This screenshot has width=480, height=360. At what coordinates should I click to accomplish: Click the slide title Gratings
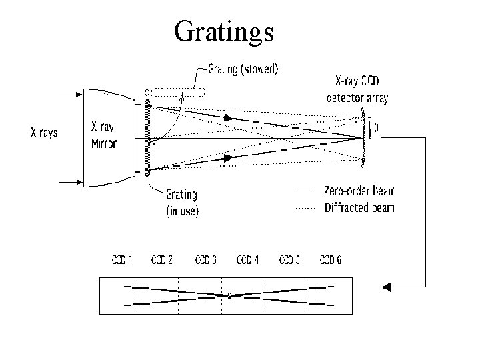click(x=223, y=31)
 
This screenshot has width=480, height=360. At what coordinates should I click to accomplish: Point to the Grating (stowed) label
click(x=243, y=69)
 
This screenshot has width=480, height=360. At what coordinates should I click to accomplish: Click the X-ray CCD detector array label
click(x=357, y=90)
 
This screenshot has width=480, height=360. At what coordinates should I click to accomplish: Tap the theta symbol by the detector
click(x=377, y=129)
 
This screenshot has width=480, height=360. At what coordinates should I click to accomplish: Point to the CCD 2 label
click(x=163, y=259)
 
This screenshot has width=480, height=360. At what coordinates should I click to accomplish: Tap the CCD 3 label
click(x=205, y=259)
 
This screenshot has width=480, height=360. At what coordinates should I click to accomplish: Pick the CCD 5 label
click(x=289, y=259)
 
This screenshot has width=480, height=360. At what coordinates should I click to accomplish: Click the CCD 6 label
click(x=331, y=259)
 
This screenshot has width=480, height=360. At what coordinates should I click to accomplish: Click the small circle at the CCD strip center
click(x=229, y=296)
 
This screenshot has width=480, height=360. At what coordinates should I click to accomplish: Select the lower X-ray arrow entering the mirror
click(x=70, y=180)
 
